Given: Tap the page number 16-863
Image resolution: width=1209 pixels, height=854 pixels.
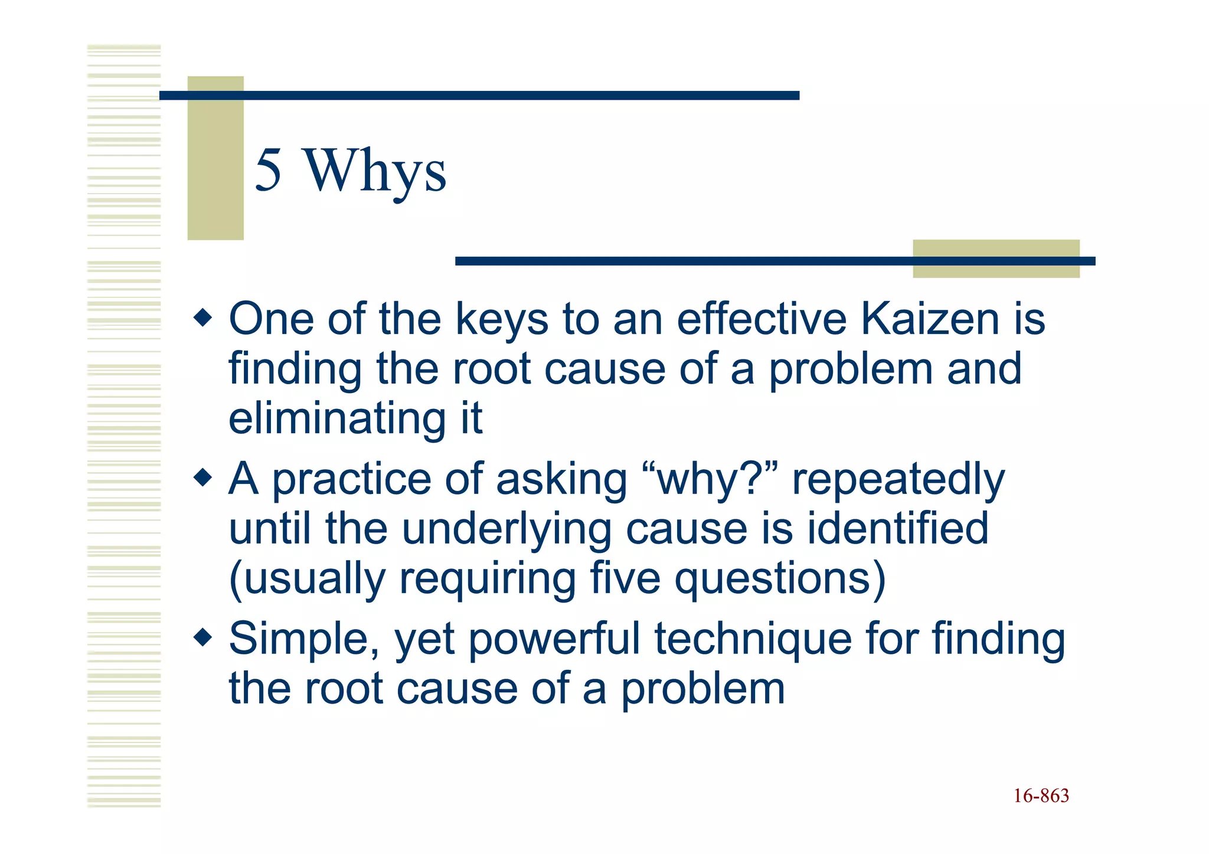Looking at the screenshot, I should tap(1041, 796).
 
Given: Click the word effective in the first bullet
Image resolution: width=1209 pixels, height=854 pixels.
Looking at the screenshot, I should tap(762, 319).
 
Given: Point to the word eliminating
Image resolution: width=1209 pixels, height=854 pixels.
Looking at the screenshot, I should tap(336, 418).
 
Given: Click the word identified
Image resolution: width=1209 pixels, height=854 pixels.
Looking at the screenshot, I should tap(897, 528).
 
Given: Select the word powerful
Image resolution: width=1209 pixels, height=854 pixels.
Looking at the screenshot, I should tap(554, 640).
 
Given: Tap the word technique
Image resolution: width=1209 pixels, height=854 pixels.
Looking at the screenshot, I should tap(753, 640).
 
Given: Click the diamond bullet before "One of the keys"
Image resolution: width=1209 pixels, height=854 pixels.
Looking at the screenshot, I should tap(202, 319).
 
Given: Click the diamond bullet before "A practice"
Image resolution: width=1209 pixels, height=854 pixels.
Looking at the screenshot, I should tap(202, 477).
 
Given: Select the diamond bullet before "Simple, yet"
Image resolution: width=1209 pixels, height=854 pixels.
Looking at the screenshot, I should tap(202, 637).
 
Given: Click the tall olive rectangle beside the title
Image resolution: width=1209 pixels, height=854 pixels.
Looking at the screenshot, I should tap(215, 158).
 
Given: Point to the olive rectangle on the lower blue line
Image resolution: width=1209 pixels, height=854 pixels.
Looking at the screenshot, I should tap(996, 259).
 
